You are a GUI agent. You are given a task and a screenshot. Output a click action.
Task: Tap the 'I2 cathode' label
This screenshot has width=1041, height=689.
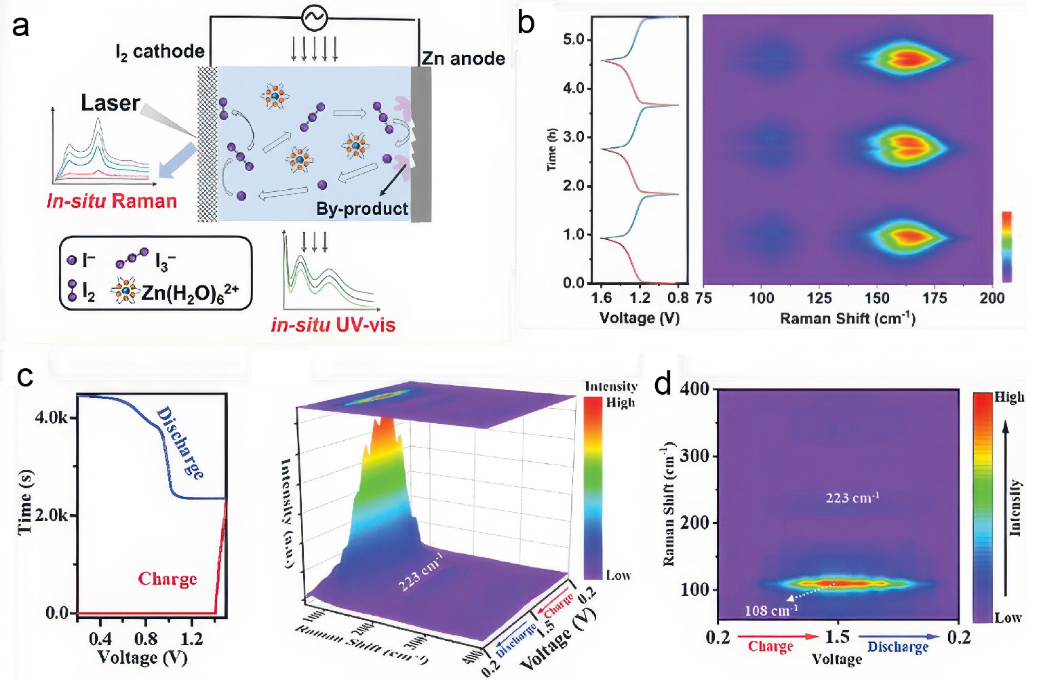tap(160, 52)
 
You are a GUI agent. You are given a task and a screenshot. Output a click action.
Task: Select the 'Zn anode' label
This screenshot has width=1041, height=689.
tap(463, 59)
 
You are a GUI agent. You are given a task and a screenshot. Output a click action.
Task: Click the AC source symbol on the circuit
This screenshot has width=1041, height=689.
tap(314, 18)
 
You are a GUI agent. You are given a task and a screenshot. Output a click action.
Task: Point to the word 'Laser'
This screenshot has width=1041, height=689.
tap(111, 103)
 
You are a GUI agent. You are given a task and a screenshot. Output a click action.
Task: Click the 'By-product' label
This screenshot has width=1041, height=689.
tap(362, 209)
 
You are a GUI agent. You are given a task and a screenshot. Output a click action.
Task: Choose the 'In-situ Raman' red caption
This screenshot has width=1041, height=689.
tap(112, 201)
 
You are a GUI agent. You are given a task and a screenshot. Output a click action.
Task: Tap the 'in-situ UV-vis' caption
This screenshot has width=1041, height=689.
tap(333, 325)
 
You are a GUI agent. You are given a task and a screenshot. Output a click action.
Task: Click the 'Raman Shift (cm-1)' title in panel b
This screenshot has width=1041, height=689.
tap(848, 319)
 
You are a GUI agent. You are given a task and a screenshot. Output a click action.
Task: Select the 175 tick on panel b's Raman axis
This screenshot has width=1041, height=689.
tap(935, 298)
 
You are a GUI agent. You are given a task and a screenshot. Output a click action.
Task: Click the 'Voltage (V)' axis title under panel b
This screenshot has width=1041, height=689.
tap(640, 318)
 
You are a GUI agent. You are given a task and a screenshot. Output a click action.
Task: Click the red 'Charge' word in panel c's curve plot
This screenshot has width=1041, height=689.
tap(168, 579)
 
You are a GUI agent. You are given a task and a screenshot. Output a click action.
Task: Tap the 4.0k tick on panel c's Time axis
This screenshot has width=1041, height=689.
tap(52, 417)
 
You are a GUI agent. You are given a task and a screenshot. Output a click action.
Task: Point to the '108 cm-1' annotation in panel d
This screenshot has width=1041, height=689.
tap(771, 611)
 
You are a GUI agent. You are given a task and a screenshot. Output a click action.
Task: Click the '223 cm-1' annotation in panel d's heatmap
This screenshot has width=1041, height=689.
tap(852, 498)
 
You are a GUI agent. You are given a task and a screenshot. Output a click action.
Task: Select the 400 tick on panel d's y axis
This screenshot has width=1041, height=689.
tap(694, 389)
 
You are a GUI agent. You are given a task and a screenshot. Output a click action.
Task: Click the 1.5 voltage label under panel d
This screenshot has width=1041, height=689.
tap(838, 637)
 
